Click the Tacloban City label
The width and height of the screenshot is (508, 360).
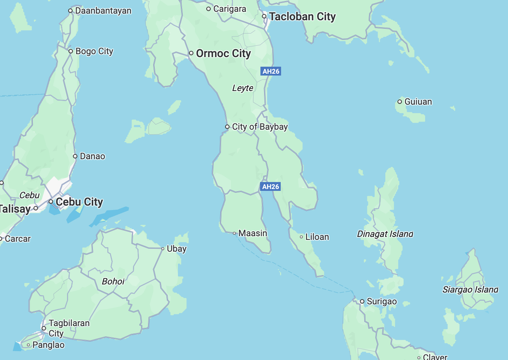(302, 17)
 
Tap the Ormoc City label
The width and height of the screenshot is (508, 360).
(223, 53)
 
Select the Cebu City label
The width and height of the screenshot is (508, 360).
(79, 202)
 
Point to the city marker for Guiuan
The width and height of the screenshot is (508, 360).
(400, 102)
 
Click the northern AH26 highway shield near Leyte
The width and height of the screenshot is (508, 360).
(271, 71)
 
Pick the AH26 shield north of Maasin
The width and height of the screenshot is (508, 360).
(270, 186)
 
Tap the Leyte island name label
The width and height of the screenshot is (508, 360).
(243, 88)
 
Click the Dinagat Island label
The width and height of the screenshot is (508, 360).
(385, 234)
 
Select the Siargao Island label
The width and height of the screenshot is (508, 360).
(470, 290)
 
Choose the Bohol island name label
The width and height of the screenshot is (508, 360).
(113, 282)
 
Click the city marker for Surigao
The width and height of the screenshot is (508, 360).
(362, 301)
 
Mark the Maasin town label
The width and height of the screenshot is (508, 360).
(253, 233)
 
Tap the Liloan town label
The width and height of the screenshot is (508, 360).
(317, 237)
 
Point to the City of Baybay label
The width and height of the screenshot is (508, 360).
(260, 127)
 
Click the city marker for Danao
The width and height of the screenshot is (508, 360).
(75, 156)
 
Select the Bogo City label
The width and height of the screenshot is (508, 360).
(94, 51)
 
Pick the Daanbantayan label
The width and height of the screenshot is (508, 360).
(103, 11)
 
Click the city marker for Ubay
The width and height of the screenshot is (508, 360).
(163, 249)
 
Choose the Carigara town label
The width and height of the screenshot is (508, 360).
(230, 9)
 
